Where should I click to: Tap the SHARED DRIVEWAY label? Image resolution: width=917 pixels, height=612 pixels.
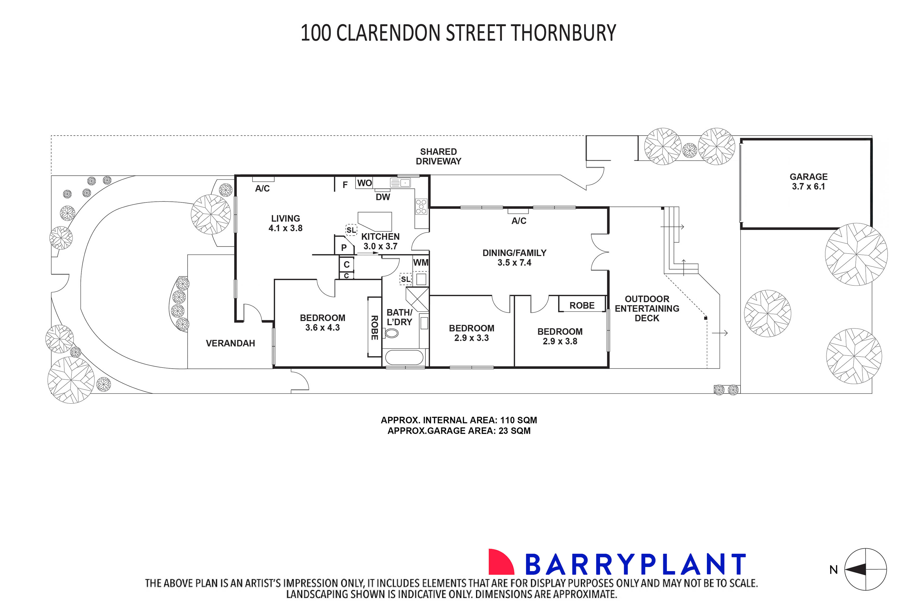coord(438,156)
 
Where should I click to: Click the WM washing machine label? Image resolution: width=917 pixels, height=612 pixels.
coord(420,263)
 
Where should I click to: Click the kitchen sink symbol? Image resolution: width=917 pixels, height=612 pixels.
coord(400,183)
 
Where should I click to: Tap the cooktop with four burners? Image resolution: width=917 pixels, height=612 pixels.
coord(421,206)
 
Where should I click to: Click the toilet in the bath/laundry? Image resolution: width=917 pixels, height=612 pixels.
coord(391,333)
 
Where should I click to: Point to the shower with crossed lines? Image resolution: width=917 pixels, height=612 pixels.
coord(417,299)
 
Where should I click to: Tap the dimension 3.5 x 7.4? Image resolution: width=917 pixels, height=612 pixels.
coord(514,263)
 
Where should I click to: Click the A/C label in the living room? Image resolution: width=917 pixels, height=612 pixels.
coord(262,188)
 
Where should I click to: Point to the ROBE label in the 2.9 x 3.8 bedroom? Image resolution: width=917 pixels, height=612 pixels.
coord(582,306)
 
